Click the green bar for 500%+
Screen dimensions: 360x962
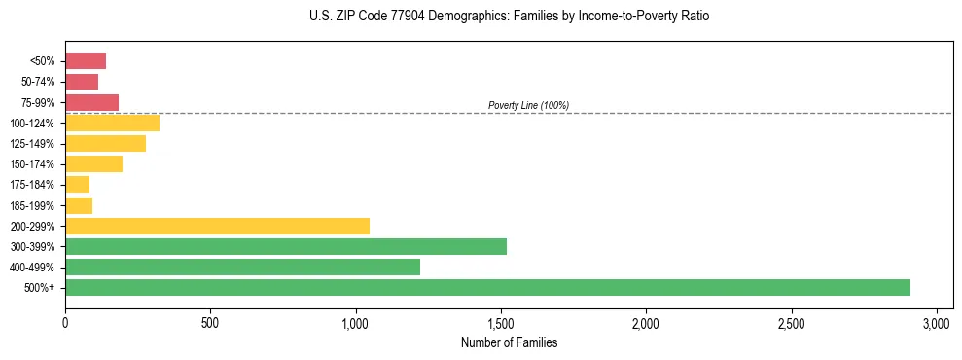(x=487, y=287)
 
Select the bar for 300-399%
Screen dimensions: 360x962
(x=286, y=246)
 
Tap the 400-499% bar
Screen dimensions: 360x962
(x=242, y=267)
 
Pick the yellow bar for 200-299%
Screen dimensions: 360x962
(x=217, y=226)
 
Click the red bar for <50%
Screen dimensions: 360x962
(x=86, y=61)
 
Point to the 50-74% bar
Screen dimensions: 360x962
(x=82, y=82)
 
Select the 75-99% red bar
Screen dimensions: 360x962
(x=91, y=102)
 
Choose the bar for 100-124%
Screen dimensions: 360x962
(x=112, y=123)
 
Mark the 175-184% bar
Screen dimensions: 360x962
(x=77, y=184)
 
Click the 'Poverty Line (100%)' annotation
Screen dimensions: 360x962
(x=528, y=105)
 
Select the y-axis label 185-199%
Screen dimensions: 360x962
(x=32, y=205)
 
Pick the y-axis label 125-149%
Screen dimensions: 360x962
(x=32, y=144)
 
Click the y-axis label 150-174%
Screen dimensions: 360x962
(x=32, y=164)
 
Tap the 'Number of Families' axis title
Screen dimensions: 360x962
(x=509, y=342)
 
